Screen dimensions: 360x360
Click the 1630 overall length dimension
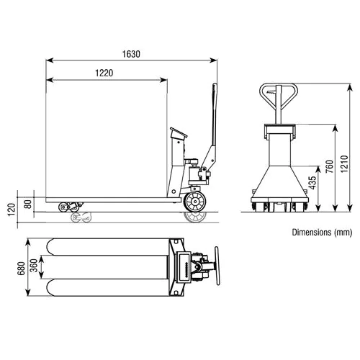coord(131,54)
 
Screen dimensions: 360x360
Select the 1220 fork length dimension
coord(104,73)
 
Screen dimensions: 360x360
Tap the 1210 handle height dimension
coord(344,163)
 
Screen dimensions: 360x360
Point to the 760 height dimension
coord(330,166)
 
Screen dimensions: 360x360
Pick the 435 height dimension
coord(313,183)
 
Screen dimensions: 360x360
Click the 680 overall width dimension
coord(21,269)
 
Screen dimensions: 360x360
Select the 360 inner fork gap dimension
coord(35,266)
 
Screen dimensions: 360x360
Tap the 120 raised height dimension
coord(12,210)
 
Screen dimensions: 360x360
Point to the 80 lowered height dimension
coord(28,204)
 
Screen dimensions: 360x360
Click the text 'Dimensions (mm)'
coord(322,233)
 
